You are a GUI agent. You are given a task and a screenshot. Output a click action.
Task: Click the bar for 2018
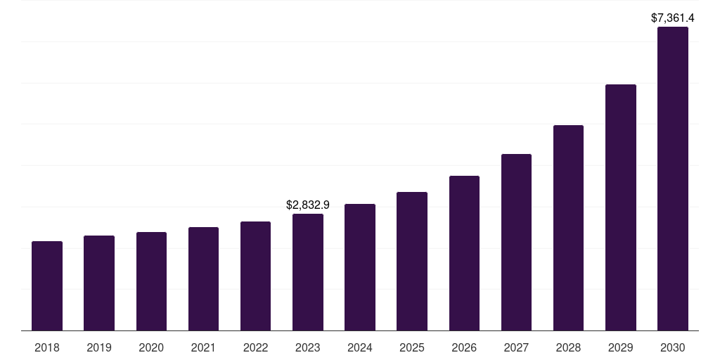tap(47, 285)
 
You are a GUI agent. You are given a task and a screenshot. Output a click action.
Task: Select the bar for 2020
tap(151, 281)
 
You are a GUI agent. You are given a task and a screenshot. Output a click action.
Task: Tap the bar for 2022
tap(255, 276)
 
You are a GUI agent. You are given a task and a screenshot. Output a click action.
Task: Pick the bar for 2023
tap(308, 272)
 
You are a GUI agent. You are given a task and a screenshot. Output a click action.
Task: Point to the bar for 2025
tap(412, 261)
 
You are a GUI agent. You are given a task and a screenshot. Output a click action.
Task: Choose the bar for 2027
tap(516, 242)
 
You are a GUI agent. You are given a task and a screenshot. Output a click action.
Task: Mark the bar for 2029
tap(620, 207)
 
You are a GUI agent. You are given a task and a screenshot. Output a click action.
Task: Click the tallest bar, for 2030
tap(673, 179)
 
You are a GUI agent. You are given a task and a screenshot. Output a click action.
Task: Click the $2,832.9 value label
tap(308, 205)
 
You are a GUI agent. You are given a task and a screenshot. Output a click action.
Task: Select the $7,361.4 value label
tap(673, 18)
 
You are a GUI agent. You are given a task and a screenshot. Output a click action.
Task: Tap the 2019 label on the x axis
tap(99, 347)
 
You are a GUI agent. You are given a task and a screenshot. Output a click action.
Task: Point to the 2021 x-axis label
tap(203, 347)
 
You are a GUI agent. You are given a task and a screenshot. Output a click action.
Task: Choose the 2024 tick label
tap(360, 347)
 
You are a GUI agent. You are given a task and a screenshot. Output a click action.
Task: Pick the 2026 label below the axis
tap(464, 347)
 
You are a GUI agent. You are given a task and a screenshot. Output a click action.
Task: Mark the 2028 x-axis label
tap(568, 347)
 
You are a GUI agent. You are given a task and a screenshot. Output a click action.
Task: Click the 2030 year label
tap(673, 347)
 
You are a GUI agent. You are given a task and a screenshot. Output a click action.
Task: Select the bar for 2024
tap(360, 267)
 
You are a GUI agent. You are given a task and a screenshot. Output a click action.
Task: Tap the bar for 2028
tap(568, 228)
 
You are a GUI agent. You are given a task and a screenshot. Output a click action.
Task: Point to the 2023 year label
tap(308, 347)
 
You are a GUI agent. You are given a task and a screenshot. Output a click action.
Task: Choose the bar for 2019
tap(99, 283)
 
